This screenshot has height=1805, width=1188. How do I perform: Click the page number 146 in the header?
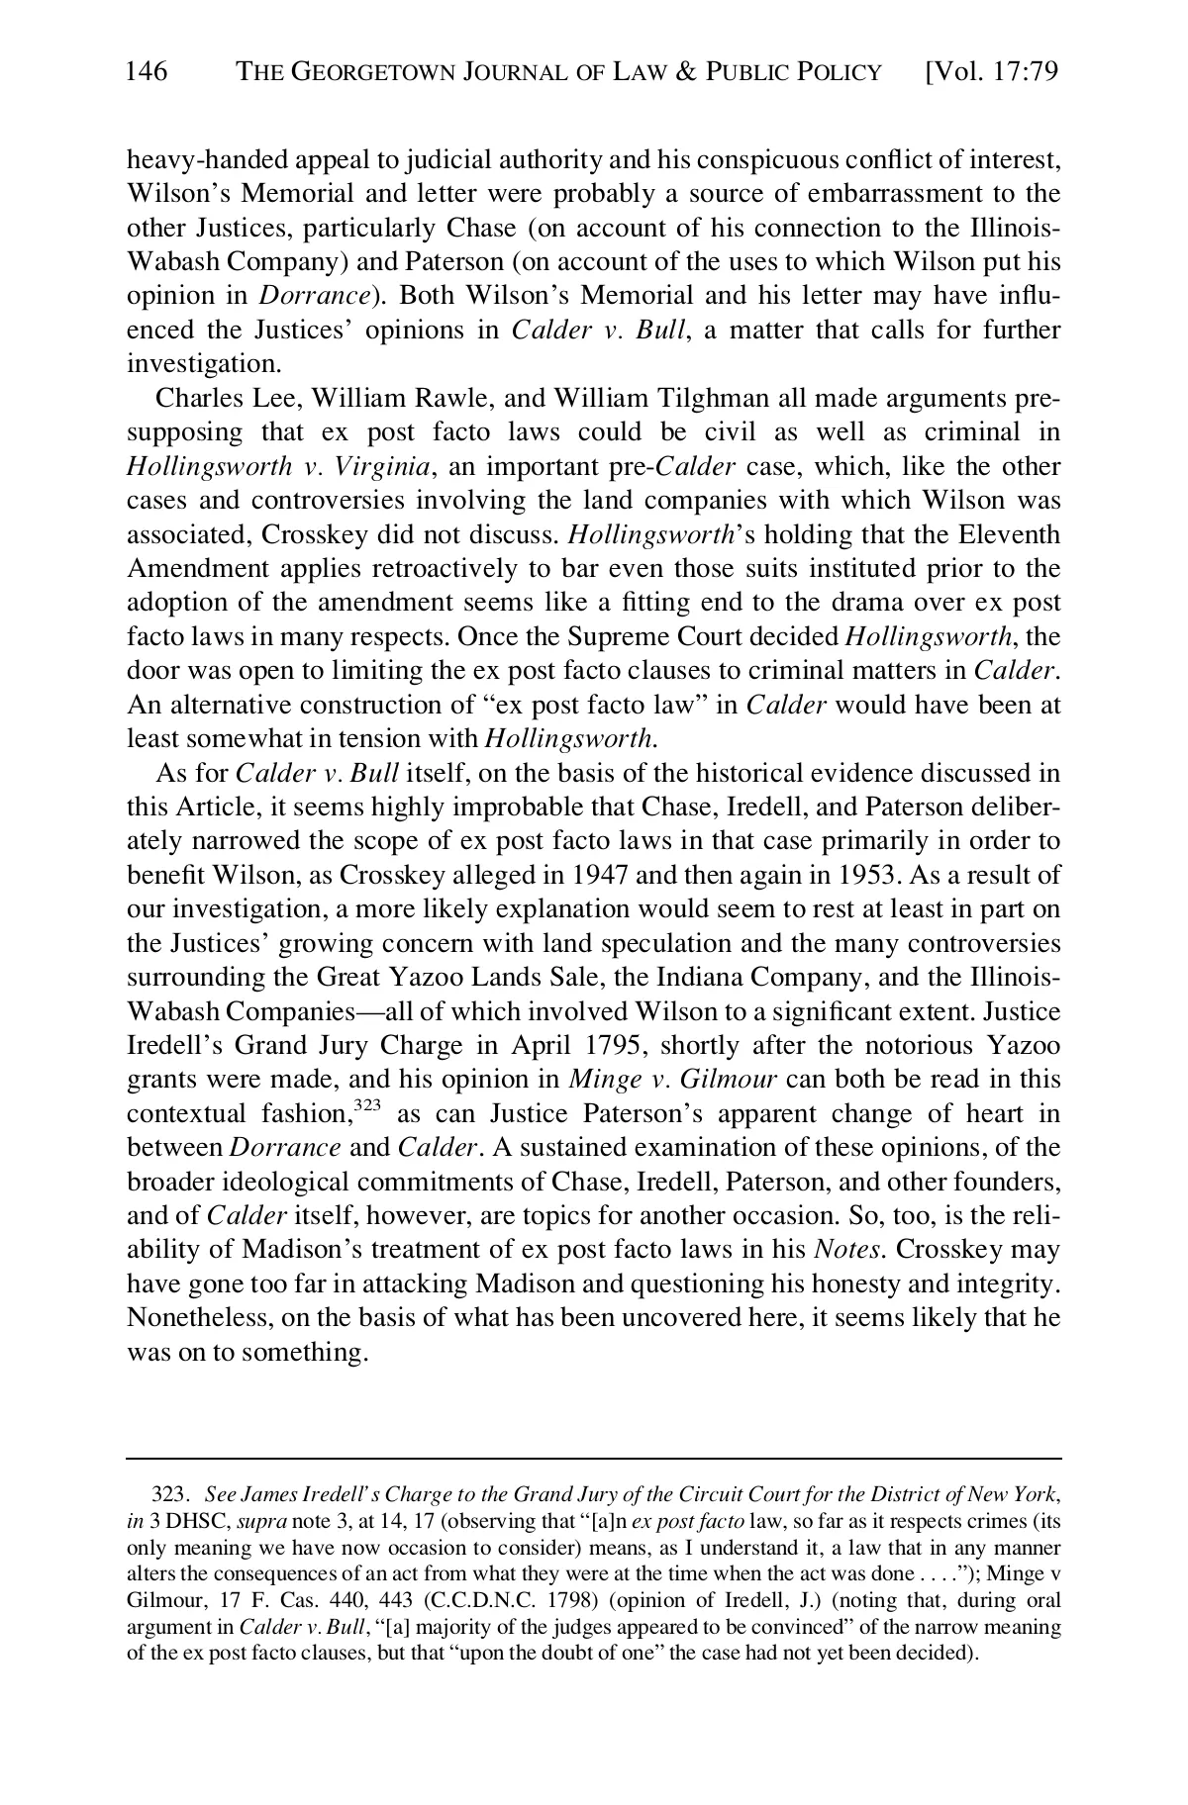pos(148,72)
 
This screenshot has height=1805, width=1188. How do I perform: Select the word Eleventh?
pos(1009,535)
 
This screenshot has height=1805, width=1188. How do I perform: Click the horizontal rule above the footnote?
pos(594,1458)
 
